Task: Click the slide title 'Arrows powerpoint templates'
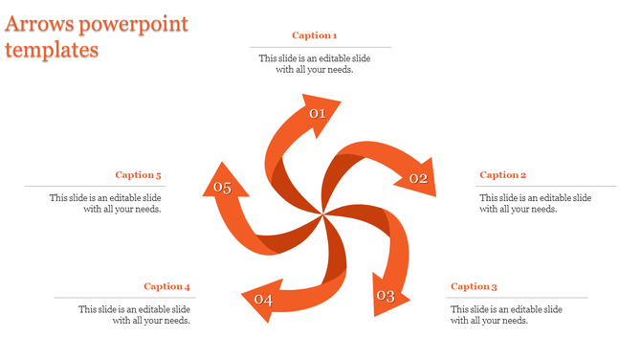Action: [x=96, y=37]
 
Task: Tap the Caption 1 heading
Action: [x=314, y=35]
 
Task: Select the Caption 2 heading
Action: [x=502, y=175]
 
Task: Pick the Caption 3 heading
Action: [x=474, y=286]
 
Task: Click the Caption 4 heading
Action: [x=167, y=286]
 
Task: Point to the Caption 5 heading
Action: [x=138, y=175]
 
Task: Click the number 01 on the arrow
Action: [x=318, y=114]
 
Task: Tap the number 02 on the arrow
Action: [x=418, y=178]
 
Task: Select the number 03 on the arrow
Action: [x=385, y=296]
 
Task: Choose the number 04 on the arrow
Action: [x=263, y=301]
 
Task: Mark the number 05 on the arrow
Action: [x=223, y=188]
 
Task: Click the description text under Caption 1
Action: [x=315, y=64]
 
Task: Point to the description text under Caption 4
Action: [x=134, y=315]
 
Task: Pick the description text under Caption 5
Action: [x=105, y=203]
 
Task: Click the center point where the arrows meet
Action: [x=322, y=209]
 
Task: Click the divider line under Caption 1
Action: [x=320, y=47]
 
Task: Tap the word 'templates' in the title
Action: [x=52, y=50]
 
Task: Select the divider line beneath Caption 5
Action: [x=93, y=187]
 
